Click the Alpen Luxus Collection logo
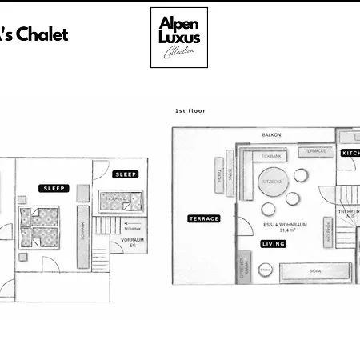(x=178, y=38)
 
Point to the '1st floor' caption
(x=190, y=111)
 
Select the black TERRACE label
(x=203, y=218)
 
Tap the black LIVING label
(x=273, y=244)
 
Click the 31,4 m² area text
(x=274, y=230)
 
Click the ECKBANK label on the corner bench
(x=272, y=154)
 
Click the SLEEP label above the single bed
(x=126, y=174)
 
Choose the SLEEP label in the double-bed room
(x=54, y=189)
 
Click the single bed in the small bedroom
(x=121, y=201)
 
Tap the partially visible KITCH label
(x=350, y=153)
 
